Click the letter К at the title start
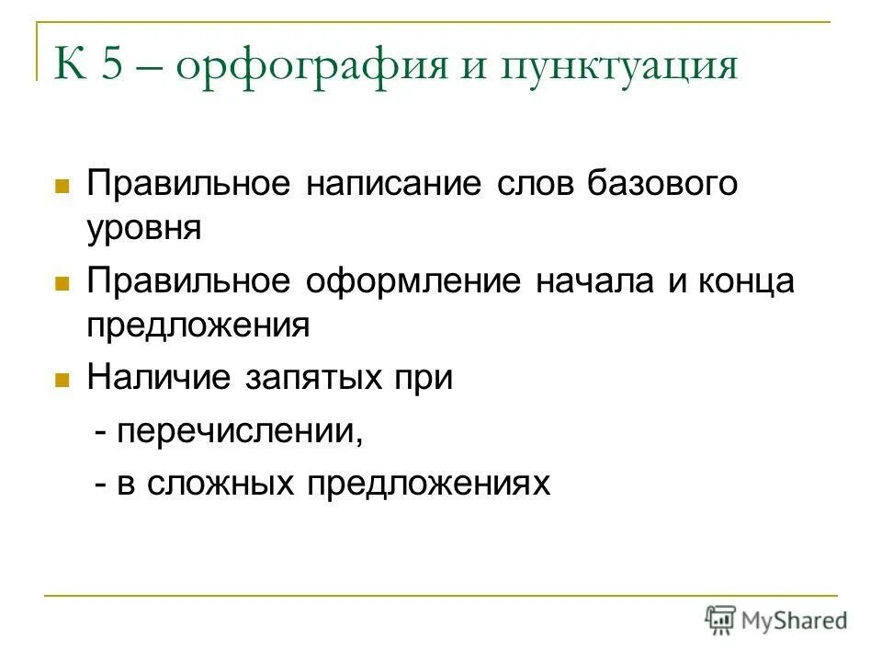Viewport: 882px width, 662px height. click(x=71, y=67)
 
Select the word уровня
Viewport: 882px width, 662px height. click(x=144, y=227)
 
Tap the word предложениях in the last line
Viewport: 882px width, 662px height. click(x=428, y=484)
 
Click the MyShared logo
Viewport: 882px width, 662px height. click(x=776, y=621)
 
